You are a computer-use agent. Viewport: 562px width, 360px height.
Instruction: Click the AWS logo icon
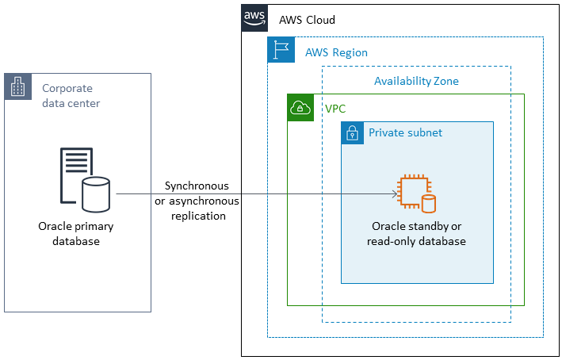click(254, 17)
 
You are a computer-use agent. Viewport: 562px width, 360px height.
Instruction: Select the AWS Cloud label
click(307, 20)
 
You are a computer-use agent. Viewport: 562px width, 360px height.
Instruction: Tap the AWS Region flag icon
click(280, 49)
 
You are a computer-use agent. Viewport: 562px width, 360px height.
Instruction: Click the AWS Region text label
click(336, 52)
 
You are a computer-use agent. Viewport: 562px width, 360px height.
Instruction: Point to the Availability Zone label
click(416, 81)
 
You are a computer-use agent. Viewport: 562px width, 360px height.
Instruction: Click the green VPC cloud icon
click(300, 108)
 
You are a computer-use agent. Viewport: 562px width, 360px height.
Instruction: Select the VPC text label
click(335, 108)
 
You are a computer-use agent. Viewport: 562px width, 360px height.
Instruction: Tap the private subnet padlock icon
click(353, 133)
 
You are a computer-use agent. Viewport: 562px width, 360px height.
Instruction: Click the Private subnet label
click(405, 132)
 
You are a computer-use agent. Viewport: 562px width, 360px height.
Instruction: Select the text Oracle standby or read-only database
click(416, 234)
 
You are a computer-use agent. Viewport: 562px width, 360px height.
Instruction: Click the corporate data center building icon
click(18, 86)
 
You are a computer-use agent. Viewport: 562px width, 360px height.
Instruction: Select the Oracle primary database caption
click(76, 234)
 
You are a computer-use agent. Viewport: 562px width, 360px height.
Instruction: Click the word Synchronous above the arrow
click(197, 186)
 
